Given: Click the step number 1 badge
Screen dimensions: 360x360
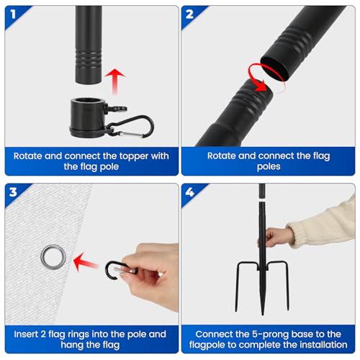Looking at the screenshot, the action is point(13,14).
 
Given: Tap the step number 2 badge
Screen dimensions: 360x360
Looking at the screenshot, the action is point(189,14).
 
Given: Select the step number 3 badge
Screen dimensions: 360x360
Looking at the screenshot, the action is point(13,192).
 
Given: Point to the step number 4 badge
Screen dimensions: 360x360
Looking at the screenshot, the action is point(189,192).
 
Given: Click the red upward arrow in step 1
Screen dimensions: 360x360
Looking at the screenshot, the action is point(114,81).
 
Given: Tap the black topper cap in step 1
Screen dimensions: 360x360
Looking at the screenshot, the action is point(88,117).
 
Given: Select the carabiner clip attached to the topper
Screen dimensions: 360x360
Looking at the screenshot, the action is point(131,127).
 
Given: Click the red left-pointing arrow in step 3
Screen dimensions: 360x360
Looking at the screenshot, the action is point(86,262).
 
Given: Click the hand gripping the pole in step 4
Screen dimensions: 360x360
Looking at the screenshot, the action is point(276,238).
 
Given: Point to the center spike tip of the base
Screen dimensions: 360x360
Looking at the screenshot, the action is point(262,315).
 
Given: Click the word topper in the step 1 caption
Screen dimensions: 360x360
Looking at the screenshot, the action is point(134,156).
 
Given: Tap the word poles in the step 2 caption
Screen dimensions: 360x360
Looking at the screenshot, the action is point(269,166).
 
